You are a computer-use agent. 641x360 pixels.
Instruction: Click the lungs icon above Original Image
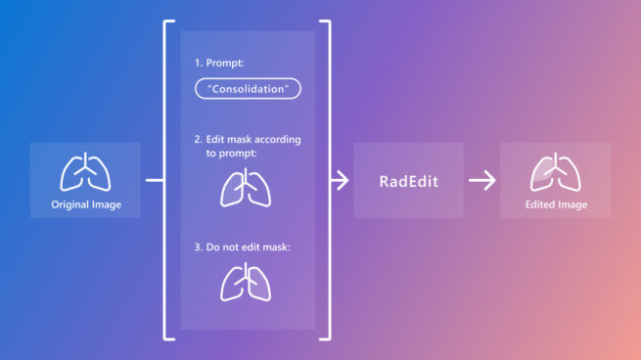tap(85, 171)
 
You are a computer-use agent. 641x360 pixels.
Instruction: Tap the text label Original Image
tap(85, 205)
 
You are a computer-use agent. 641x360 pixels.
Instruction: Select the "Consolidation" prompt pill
tap(248, 88)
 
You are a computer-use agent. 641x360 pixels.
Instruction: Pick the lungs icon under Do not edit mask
tap(246, 282)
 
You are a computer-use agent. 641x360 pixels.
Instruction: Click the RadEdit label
tap(408, 181)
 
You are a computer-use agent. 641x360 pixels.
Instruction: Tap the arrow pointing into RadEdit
tap(339, 181)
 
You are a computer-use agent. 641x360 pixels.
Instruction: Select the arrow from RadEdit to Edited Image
tap(481, 181)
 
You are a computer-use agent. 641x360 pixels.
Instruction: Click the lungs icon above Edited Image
tap(555, 171)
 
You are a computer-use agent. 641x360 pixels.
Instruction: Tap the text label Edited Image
tap(555, 205)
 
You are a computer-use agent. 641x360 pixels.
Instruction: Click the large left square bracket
tap(167, 181)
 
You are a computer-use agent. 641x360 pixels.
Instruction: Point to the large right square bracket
tap(325, 181)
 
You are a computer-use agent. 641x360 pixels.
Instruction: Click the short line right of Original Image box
tap(154, 181)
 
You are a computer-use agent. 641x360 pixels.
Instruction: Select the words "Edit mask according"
tap(252, 140)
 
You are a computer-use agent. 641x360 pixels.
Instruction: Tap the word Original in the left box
tap(69, 205)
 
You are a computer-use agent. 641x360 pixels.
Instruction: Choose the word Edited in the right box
tap(540, 205)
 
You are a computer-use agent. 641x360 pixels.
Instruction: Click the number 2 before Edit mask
tap(197, 140)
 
